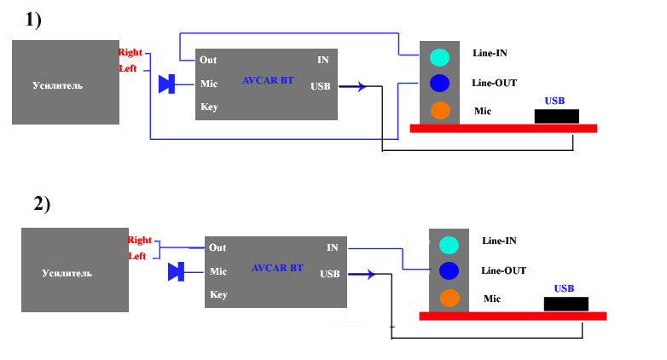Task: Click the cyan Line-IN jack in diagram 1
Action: click(438, 58)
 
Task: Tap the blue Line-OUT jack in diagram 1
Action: click(439, 84)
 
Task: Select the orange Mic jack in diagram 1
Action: click(439, 111)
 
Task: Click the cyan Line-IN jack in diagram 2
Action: click(449, 246)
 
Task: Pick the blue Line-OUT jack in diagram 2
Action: click(449, 271)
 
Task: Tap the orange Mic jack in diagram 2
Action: click(449, 299)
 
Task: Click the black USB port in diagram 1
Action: click(557, 116)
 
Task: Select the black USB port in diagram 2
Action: click(566, 304)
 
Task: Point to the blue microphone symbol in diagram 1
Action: click(167, 84)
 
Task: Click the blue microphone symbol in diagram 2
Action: click(177, 272)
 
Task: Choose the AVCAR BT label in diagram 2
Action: click(277, 268)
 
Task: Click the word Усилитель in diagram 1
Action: click(57, 86)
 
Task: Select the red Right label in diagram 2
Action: click(139, 241)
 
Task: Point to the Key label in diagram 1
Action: click(209, 107)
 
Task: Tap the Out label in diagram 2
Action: click(218, 248)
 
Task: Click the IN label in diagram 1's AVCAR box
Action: click(322, 61)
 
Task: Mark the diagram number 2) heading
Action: click(42, 204)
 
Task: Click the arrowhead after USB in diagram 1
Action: click(363, 86)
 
